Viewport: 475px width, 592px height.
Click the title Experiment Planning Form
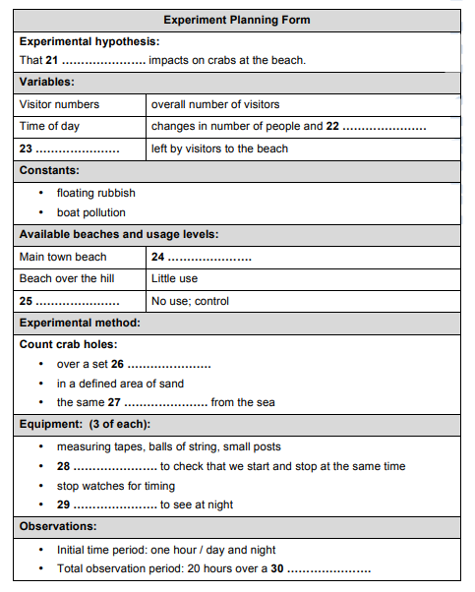tap(236, 20)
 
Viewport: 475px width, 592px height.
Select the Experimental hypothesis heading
tap(89, 41)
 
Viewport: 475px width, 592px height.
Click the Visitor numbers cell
tap(59, 104)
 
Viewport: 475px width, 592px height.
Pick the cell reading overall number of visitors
tap(215, 104)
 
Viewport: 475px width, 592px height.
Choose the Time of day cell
tap(49, 127)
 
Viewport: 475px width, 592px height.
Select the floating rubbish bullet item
tap(95, 193)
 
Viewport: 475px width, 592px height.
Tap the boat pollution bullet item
tap(90, 212)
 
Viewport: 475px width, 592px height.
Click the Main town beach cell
tap(63, 257)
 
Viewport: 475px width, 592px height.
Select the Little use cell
tap(173, 278)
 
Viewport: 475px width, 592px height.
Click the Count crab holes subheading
tap(68, 344)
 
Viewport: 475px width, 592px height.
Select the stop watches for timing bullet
tap(115, 485)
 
